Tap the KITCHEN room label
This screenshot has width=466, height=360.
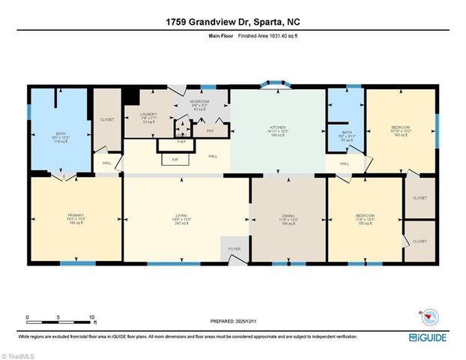[x=278, y=127]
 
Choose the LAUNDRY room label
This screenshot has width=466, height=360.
[x=148, y=114]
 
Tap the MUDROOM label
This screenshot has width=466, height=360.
[x=199, y=101]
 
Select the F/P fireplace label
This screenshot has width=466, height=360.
[x=175, y=159]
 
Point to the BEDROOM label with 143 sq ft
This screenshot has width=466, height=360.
[x=400, y=127]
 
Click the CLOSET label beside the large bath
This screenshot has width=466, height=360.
[x=107, y=119]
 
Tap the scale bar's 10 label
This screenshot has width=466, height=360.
[x=91, y=317]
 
